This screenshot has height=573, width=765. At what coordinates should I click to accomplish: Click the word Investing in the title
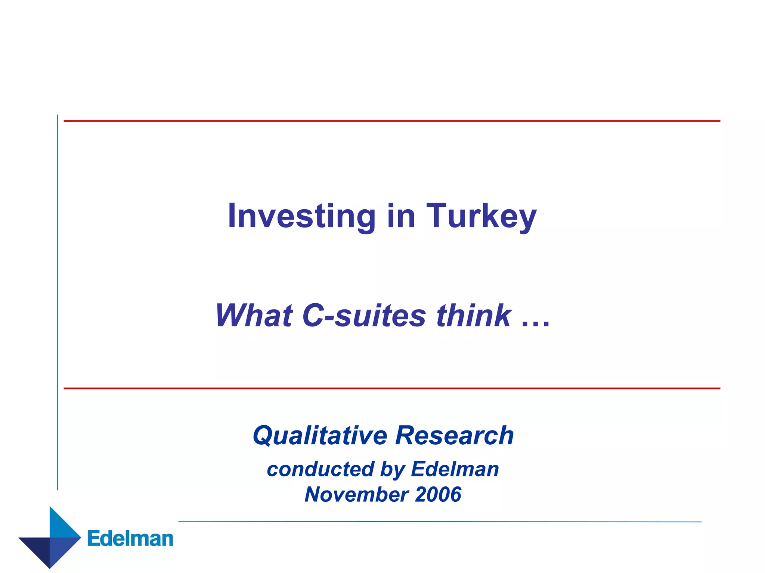click(301, 216)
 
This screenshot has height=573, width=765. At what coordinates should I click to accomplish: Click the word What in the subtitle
click(254, 316)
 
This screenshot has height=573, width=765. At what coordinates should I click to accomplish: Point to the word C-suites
click(364, 316)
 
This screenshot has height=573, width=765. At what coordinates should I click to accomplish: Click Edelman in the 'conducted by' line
click(455, 469)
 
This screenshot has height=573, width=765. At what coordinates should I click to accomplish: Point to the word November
click(356, 494)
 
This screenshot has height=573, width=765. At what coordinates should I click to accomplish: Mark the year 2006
click(438, 494)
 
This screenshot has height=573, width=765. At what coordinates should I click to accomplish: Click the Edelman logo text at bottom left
click(130, 539)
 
